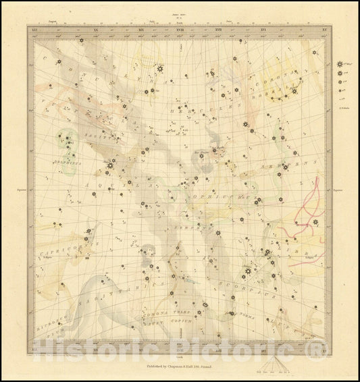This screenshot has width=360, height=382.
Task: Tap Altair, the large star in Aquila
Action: tap(110, 165)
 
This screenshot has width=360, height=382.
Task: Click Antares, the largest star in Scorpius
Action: tap(248, 272)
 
